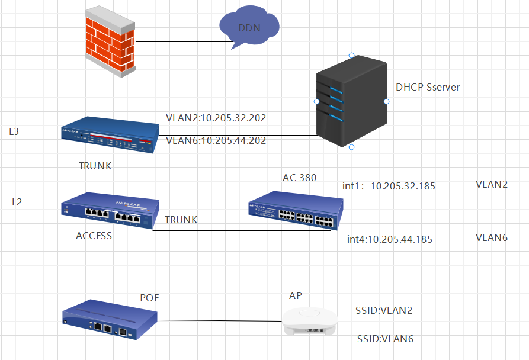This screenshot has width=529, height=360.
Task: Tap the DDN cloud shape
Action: (x=249, y=28)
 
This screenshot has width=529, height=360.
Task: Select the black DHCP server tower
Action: (x=351, y=101)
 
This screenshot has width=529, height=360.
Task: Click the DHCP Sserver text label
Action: (x=428, y=87)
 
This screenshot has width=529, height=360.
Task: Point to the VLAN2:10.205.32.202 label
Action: (x=216, y=118)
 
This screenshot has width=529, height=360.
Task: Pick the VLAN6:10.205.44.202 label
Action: (x=216, y=140)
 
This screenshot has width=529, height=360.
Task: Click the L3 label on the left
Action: (x=14, y=131)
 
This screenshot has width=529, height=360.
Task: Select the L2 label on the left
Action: (x=17, y=202)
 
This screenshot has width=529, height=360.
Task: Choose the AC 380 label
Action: (x=299, y=178)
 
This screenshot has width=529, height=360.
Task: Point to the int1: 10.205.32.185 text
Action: (x=389, y=186)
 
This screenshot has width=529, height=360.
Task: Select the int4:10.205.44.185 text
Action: (x=390, y=239)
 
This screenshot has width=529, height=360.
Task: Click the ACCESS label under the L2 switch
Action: (x=94, y=236)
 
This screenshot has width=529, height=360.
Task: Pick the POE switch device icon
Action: (x=110, y=323)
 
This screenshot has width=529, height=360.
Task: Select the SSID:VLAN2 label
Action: (x=384, y=310)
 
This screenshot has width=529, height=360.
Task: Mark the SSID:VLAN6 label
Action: (x=385, y=339)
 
